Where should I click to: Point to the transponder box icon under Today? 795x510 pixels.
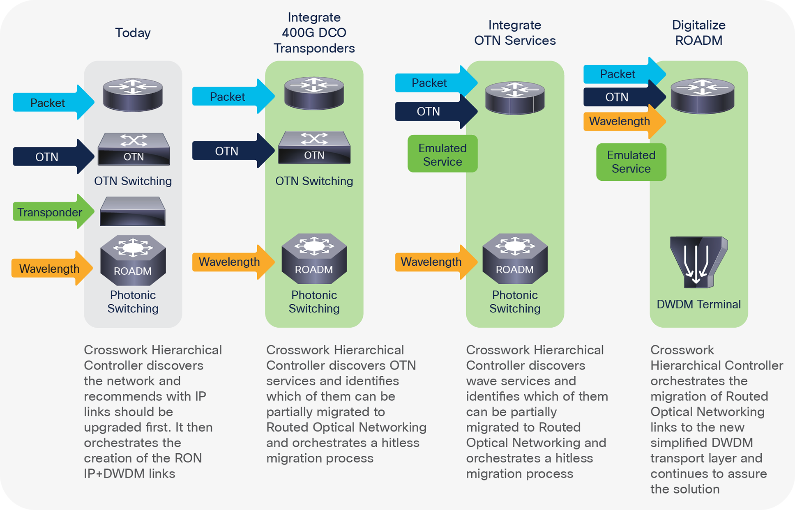click(133, 211)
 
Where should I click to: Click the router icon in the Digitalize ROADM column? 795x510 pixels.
click(702, 96)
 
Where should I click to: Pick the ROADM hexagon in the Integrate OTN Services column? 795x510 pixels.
click(515, 259)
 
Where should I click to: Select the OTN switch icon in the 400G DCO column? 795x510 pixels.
click(314, 148)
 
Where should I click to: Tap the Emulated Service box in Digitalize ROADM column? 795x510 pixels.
click(631, 162)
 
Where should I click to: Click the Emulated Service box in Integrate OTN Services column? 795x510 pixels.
click(442, 154)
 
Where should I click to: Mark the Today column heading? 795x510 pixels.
click(133, 33)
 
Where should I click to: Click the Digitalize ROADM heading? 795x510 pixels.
click(698, 33)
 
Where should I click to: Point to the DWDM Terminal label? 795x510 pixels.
click(698, 304)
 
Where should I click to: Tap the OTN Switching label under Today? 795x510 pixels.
click(133, 181)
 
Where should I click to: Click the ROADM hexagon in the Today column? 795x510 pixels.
click(133, 260)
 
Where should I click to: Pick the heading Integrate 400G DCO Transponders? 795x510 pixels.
click(314, 33)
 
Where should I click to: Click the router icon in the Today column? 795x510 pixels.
click(133, 95)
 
